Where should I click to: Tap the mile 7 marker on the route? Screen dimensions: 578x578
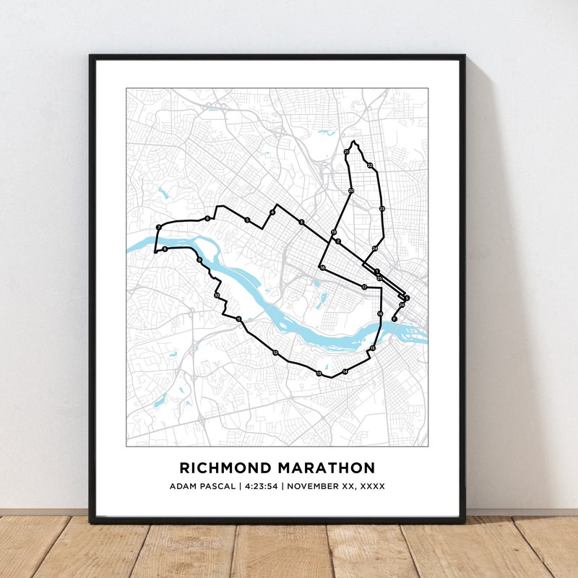[158, 228]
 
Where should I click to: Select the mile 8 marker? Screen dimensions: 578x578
[165, 249]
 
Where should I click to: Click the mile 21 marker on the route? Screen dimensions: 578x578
[347, 152]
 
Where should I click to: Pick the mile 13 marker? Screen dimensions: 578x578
[319, 373]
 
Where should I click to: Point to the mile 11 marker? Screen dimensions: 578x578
[238, 319]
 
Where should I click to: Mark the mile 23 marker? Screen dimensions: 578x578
[382, 209]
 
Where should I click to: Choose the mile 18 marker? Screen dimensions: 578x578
[322, 268]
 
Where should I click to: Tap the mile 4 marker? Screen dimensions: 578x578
[272, 212]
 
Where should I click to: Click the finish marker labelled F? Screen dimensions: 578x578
[394, 319]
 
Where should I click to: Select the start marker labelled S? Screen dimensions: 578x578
[407, 298]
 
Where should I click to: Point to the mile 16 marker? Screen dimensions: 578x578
[380, 314]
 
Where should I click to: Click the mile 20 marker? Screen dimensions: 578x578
[351, 191]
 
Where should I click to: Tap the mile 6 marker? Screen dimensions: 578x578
[207, 218]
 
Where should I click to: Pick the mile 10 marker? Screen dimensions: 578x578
[217, 295]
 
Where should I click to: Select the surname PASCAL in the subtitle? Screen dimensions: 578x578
[218, 486]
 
